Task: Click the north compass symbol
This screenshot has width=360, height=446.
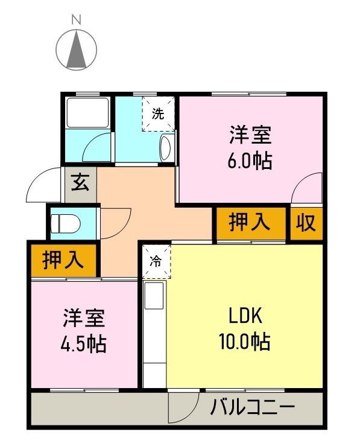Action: [x=77, y=49]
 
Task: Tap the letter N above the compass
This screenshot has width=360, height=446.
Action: [x=77, y=19]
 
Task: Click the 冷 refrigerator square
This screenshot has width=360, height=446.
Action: [x=156, y=261]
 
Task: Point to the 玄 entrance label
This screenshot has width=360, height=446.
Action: [x=80, y=182]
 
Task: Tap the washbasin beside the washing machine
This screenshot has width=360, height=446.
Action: [x=166, y=147]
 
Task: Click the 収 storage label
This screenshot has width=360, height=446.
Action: [x=306, y=223]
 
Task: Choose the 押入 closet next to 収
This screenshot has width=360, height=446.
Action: [x=250, y=223]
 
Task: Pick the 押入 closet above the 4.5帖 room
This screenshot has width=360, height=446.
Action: [x=63, y=260]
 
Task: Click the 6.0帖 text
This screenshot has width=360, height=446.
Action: [x=250, y=161]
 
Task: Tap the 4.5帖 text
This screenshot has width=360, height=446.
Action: [x=84, y=343]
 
